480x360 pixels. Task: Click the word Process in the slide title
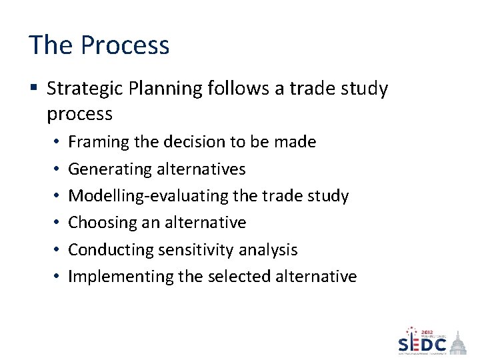125,45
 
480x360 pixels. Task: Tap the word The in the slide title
51,45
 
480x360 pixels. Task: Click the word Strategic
88,89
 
